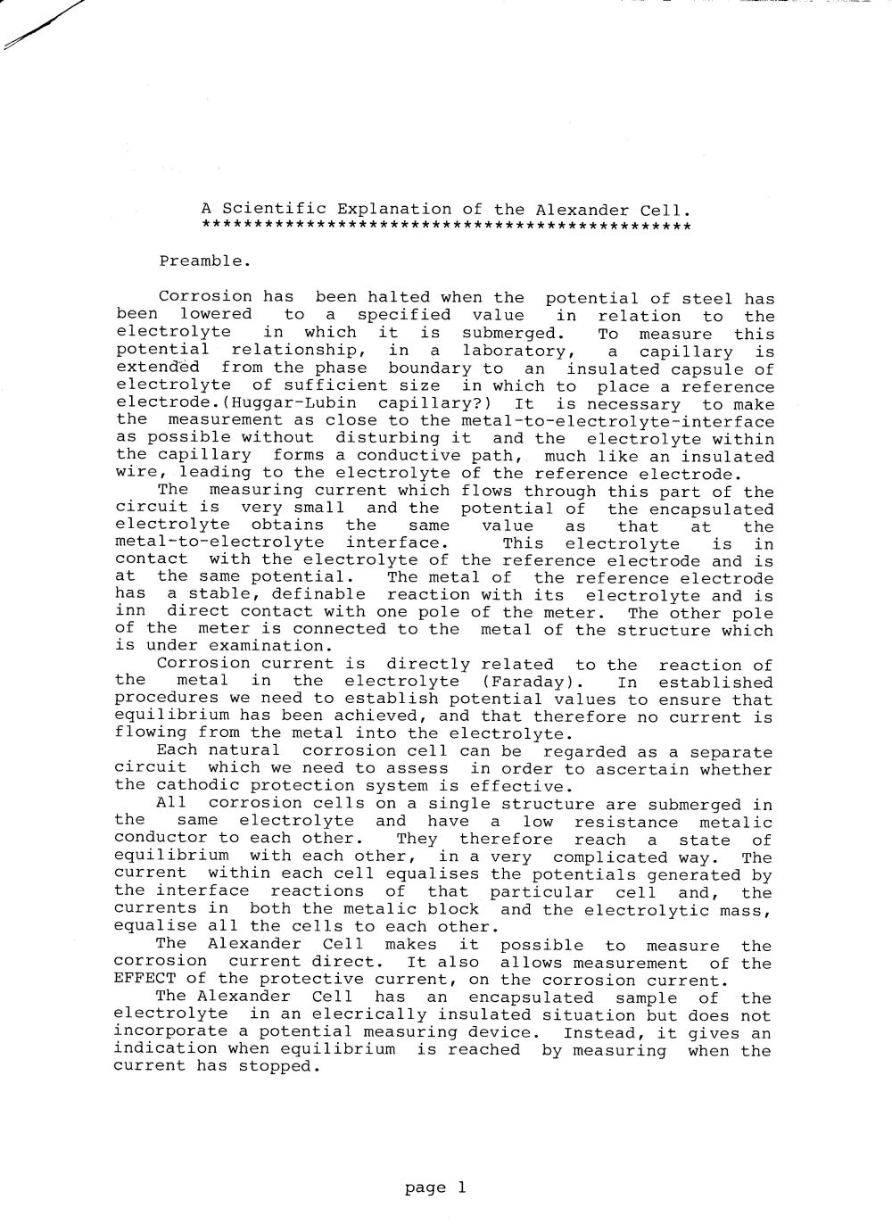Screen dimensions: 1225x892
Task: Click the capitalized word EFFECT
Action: point(142,980)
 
